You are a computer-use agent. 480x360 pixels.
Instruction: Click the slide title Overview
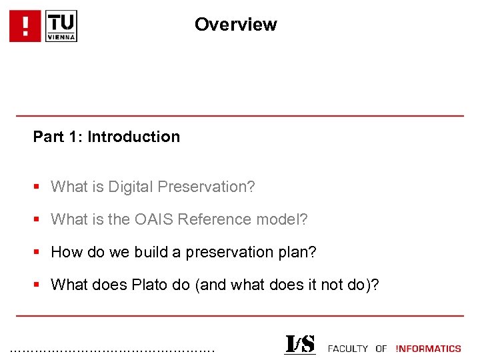235,25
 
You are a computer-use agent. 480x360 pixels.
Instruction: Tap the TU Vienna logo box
61,26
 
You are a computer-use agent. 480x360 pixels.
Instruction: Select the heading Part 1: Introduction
107,137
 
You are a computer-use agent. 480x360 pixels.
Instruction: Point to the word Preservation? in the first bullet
206,187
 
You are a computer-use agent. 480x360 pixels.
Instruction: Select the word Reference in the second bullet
231,219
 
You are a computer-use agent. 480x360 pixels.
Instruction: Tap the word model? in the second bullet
285,219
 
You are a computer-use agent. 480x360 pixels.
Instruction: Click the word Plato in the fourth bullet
150,285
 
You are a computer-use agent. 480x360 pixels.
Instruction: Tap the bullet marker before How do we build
39,253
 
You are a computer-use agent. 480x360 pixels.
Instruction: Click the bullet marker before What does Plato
39,285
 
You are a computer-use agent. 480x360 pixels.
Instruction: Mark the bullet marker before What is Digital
39,187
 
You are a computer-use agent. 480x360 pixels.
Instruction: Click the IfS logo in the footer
299,345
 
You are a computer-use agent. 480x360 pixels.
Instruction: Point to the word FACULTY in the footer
348,349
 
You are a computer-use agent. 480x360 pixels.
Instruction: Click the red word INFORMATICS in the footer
428,349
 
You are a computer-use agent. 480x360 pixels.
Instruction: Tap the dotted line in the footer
113,349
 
